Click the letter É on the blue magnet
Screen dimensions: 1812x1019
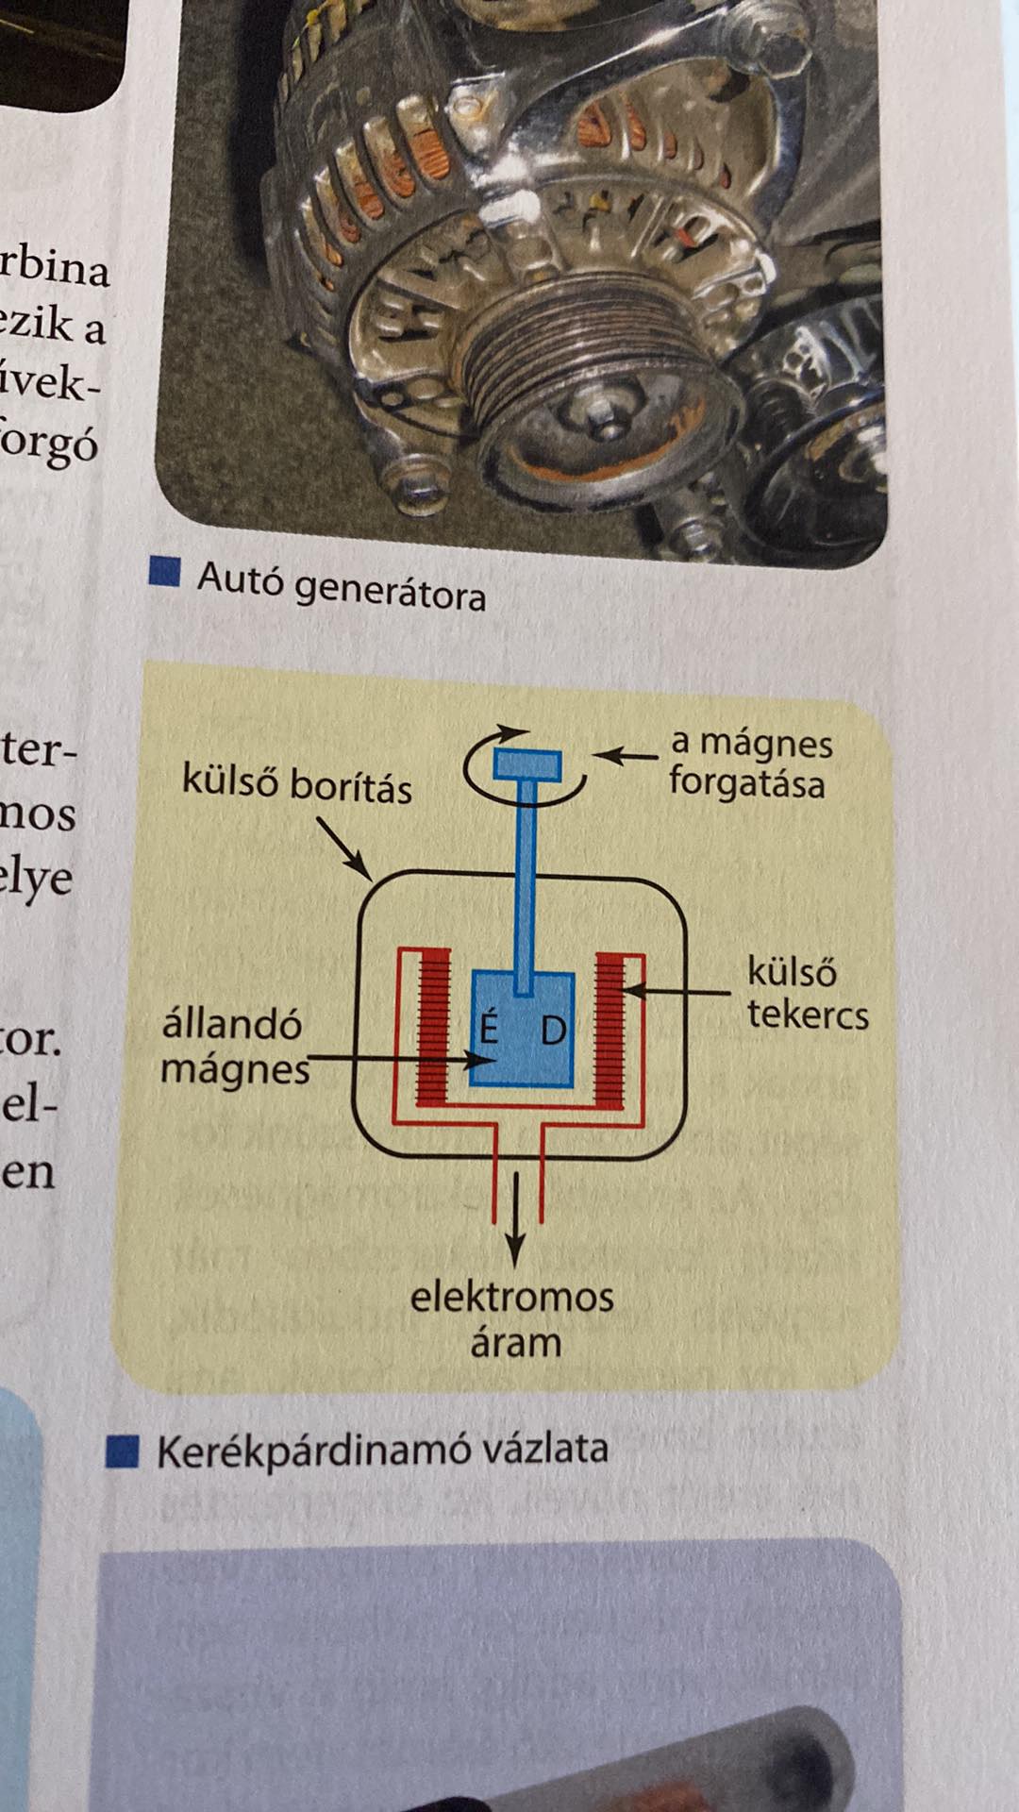pos(489,1028)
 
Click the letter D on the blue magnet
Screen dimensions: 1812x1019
pos(554,1030)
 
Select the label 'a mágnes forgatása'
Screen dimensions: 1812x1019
pos(750,763)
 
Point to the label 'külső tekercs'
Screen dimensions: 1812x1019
pos(807,993)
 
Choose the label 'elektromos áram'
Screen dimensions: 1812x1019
pos(512,1318)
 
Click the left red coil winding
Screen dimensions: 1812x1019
pos(433,1028)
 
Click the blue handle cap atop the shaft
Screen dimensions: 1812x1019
pos(527,763)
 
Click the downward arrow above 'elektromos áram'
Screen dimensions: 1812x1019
pos(515,1217)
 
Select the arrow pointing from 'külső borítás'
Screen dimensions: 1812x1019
pos(342,846)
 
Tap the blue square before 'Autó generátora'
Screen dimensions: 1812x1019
pos(165,572)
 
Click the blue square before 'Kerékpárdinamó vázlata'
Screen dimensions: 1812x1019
pos(123,1451)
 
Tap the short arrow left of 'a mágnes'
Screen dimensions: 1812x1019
pos(626,755)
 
